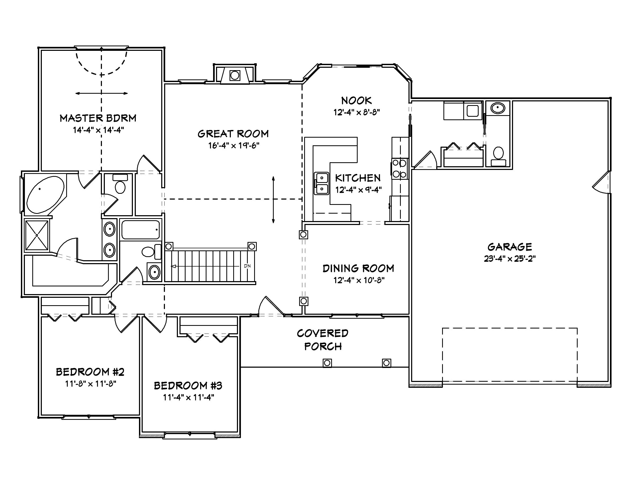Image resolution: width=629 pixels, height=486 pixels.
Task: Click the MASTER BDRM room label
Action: [x=98, y=118]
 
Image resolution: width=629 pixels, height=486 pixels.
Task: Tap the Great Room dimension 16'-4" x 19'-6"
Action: [x=233, y=146]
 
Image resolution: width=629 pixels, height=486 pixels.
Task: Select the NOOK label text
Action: [x=356, y=101]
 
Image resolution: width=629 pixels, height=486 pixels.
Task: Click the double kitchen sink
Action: [x=321, y=183]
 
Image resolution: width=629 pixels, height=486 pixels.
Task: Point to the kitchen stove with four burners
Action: [x=400, y=169]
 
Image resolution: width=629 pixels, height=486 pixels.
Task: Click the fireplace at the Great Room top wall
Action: [x=235, y=75]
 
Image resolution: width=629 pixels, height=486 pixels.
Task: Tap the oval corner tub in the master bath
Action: [x=46, y=195]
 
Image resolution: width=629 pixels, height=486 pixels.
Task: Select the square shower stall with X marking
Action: [x=37, y=235]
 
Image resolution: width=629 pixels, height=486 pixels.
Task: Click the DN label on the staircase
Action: [x=247, y=266]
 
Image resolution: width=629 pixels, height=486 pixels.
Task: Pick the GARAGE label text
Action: [x=510, y=247]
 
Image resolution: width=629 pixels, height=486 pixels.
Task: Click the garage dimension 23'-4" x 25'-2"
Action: [x=510, y=259]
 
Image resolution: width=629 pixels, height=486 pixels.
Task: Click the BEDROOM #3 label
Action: [x=188, y=385]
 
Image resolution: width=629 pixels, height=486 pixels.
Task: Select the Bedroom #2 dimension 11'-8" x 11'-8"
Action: [x=91, y=384]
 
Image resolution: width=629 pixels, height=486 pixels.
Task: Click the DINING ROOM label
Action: [x=358, y=268]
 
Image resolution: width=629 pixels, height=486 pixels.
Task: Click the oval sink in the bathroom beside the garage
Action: [x=497, y=108]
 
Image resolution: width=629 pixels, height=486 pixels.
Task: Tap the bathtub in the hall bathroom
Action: [x=141, y=230]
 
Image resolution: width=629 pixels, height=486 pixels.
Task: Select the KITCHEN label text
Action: [x=358, y=178]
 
